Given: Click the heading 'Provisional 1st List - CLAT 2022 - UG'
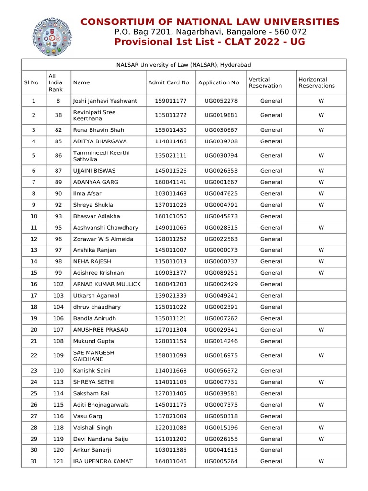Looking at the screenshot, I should pyautogui.click(x=209, y=42).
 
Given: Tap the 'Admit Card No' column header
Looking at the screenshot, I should pyautogui.click(x=169, y=82).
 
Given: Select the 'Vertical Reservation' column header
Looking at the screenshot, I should pyautogui.click(x=259, y=82).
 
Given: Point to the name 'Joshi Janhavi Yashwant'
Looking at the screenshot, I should pyautogui.click(x=105, y=101).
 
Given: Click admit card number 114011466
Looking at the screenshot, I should pyautogui.click(x=171, y=141).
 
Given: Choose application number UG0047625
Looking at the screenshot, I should pyautogui.click(x=221, y=193).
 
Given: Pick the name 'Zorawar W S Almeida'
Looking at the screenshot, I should pyautogui.click(x=103, y=239).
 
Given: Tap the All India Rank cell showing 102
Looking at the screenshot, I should pyautogui.click(x=58, y=284).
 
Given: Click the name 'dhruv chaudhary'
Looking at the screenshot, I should pyautogui.click(x=97, y=307).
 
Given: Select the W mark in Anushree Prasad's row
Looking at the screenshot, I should pyautogui.click(x=321, y=330).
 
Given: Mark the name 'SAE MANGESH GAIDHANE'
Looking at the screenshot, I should pyautogui.click(x=93, y=356).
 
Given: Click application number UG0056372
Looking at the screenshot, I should pyautogui.click(x=221, y=371).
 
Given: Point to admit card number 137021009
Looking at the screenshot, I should pyautogui.click(x=171, y=416).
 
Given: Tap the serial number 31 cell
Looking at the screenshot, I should pyautogui.click(x=34, y=461).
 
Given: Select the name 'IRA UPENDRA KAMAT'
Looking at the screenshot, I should pyautogui.click(x=103, y=461).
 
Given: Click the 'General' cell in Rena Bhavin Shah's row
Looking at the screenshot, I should pyautogui.click(x=271, y=130).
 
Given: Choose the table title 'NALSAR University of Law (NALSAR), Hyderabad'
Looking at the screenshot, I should pyautogui.click(x=184, y=65).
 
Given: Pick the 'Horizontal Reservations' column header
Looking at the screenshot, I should pyautogui.click(x=317, y=82).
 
